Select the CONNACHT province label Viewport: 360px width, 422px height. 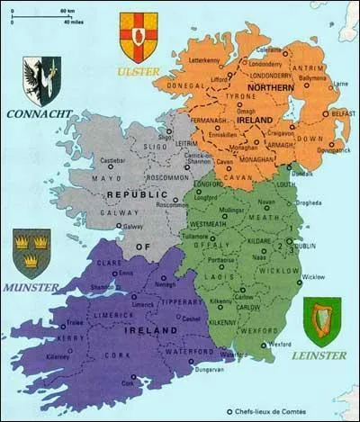point(34,115)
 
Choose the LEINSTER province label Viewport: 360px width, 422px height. point(318,355)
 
